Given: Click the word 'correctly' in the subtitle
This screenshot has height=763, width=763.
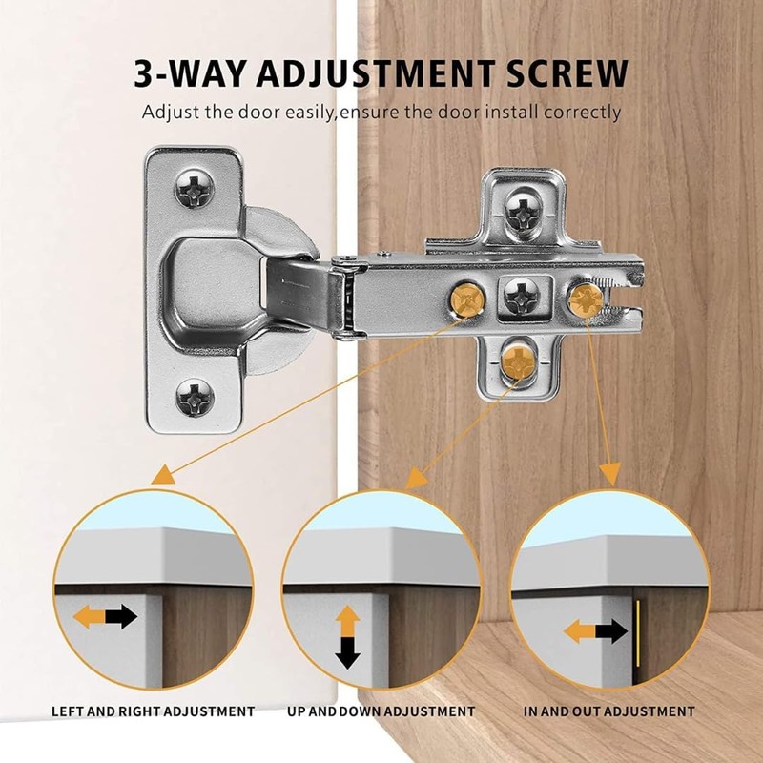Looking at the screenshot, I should coord(582,112).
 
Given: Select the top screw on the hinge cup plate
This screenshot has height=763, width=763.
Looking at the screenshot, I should coord(194,191).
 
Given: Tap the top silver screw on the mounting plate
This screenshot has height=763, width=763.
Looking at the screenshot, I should coord(522,207).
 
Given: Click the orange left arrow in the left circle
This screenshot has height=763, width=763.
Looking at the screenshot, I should coord(89,616).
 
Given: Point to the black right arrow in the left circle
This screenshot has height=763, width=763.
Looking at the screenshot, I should coord(122,616).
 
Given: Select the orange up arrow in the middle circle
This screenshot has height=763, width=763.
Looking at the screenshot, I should coord(347,619).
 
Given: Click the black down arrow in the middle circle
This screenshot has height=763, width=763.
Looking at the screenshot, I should coord(347,652).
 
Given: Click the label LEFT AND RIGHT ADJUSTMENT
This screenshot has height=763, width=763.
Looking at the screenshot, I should coord(153,711).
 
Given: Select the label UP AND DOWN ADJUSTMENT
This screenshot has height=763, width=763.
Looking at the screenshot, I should coord(381,711).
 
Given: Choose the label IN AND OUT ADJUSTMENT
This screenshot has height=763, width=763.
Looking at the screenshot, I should coord(609,711).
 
